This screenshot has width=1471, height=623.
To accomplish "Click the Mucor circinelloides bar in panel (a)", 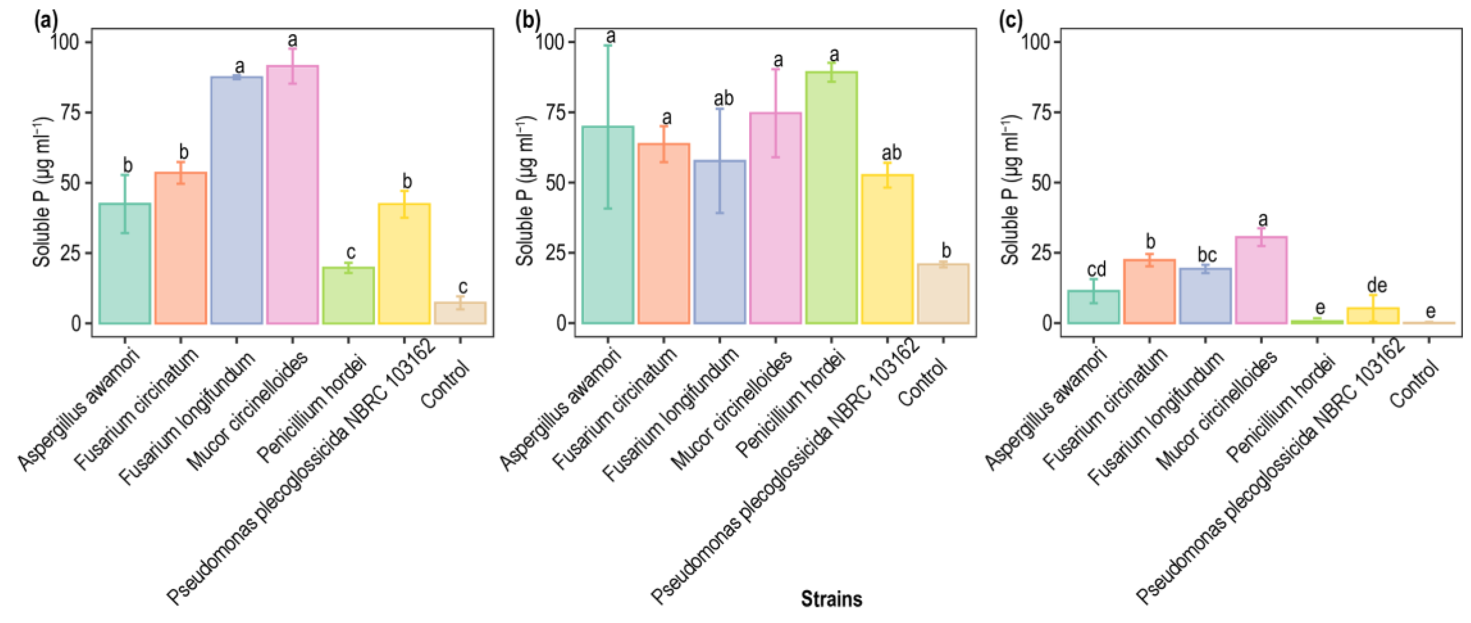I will [292, 194].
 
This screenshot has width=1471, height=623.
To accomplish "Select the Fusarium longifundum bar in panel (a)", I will [236, 200].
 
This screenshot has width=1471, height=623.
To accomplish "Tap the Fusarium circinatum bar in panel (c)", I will [1149, 292].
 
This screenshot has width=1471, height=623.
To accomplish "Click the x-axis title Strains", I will [831, 599].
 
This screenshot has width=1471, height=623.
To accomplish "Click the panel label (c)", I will [1010, 21].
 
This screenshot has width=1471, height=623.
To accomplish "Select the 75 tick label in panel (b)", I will [555, 113].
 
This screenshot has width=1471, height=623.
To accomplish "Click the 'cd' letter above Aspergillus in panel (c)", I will [1095, 269].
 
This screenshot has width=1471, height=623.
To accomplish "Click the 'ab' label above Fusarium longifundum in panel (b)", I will [724, 99].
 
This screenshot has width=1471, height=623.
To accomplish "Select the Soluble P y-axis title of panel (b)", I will [525, 191].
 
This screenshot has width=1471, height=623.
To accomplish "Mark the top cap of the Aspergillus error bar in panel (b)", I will [608, 45].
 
